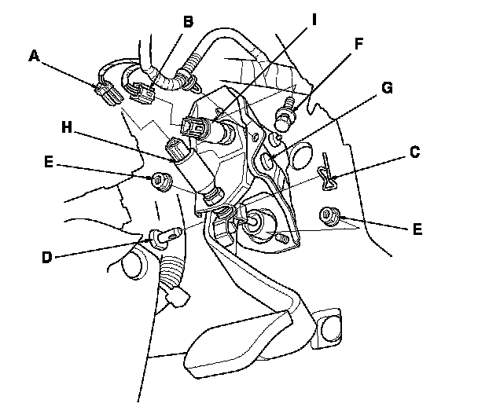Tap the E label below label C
point(417,229)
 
